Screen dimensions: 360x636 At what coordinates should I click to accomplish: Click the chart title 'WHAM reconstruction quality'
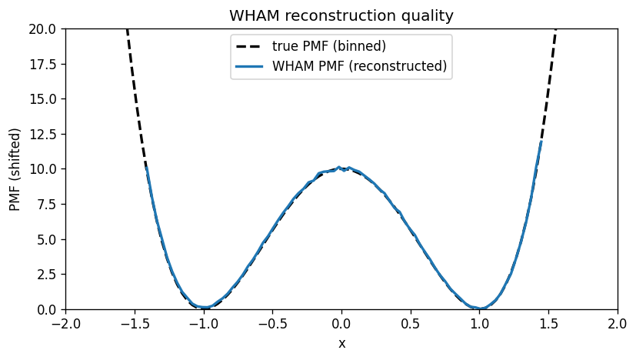tap(341, 15)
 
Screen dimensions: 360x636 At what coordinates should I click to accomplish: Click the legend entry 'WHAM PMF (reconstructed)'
tap(359, 66)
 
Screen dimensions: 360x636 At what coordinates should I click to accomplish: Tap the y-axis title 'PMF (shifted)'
tap(15, 169)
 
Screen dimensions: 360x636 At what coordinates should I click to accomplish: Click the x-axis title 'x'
tap(341, 343)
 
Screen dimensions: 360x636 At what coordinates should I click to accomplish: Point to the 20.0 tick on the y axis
tap(45, 28)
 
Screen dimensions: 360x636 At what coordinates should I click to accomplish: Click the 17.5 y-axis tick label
tap(45, 64)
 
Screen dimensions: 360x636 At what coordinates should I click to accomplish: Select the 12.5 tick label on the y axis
tap(45, 134)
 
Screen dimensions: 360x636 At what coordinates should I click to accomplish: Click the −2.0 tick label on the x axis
tap(65, 324)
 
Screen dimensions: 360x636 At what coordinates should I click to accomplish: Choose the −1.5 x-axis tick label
tap(135, 324)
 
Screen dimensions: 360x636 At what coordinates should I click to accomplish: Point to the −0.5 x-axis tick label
tap(272, 324)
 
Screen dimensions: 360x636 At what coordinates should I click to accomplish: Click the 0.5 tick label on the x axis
tap(411, 324)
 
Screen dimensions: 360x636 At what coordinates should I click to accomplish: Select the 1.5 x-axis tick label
tap(548, 324)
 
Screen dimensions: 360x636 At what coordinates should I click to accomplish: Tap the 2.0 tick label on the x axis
tap(618, 324)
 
